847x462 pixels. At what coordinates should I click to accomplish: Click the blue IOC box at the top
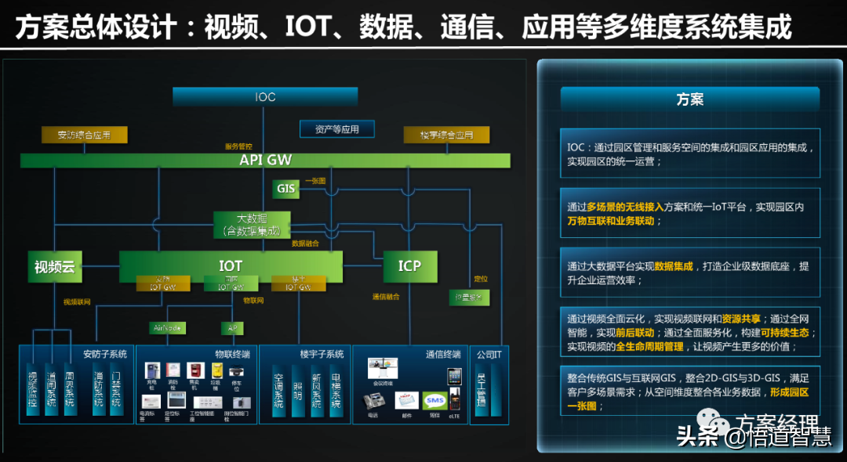(265, 96)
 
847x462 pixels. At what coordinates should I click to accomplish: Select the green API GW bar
(265, 161)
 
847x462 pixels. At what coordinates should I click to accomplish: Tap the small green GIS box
(285, 188)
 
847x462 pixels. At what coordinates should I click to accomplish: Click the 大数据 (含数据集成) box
(252, 225)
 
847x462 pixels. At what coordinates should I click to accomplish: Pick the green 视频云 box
(54, 267)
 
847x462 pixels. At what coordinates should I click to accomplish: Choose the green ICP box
(409, 266)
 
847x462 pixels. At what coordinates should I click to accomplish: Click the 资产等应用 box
(336, 129)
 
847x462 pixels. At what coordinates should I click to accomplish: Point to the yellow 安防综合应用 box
(84, 135)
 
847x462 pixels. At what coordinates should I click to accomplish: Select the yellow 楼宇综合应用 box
(446, 135)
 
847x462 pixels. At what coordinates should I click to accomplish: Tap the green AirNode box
(168, 327)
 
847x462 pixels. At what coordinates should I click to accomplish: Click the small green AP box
(232, 327)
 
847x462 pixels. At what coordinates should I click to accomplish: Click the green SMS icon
(434, 401)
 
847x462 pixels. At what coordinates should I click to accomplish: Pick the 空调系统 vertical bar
(278, 389)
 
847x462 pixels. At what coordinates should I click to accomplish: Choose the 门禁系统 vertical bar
(116, 389)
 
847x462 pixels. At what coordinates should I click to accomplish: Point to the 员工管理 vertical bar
(482, 394)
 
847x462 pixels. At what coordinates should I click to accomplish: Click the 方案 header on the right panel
(689, 99)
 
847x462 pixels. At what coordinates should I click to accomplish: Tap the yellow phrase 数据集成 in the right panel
(674, 266)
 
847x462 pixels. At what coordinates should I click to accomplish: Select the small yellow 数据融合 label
(305, 244)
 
